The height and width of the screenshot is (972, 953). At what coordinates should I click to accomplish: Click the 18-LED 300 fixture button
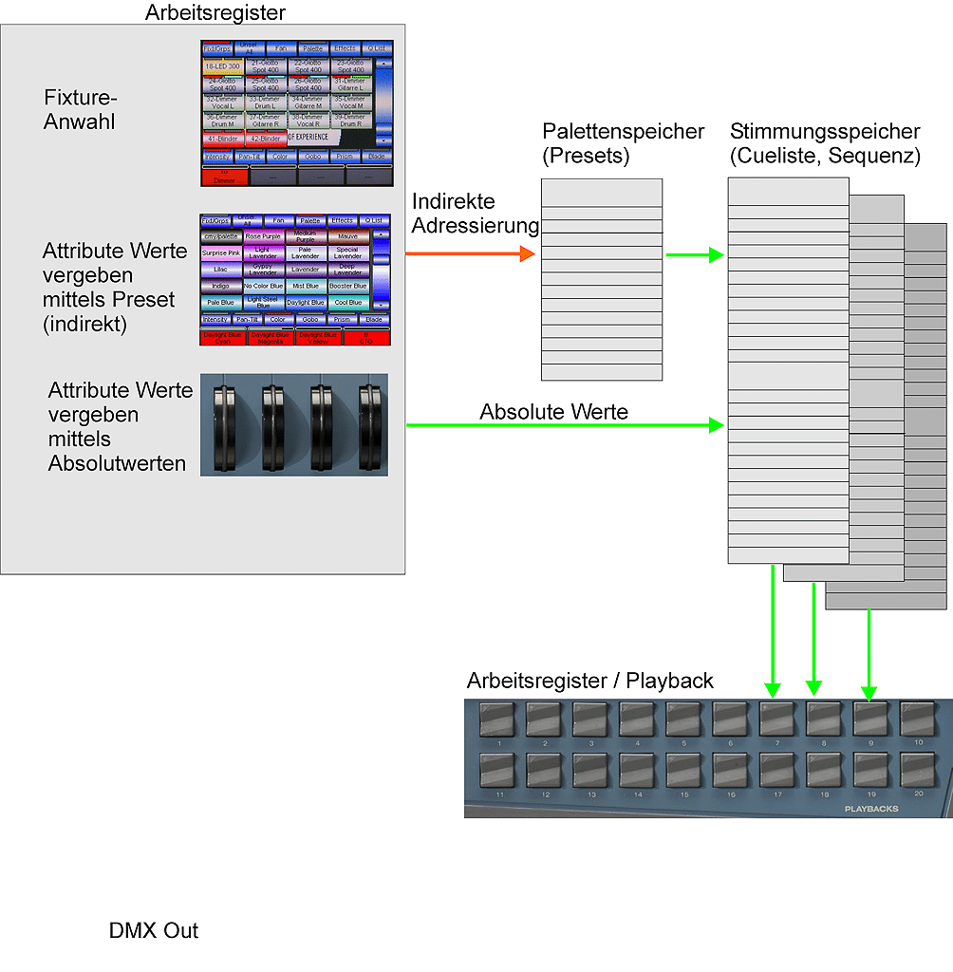click(x=222, y=66)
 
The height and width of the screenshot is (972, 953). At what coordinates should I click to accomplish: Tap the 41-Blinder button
click(x=222, y=138)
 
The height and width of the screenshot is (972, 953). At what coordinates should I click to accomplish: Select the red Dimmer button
click(x=224, y=177)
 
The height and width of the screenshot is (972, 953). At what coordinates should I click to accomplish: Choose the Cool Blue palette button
click(x=348, y=303)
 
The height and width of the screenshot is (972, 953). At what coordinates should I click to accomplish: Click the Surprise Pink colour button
click(x=221, y=253)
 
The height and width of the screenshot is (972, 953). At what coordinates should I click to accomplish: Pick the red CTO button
click(x=366, y=338)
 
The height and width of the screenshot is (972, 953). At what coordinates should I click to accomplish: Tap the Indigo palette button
click(x=221, y=286)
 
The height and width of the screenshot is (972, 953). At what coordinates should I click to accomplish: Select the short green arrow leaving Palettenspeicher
click(x=695, y=254)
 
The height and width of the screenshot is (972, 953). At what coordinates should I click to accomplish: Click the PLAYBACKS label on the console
click(x=870, y=809)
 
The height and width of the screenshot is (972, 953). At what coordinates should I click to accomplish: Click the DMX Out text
click(x=154, y=930)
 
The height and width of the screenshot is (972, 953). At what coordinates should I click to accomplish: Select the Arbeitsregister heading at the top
click(x=215, y=13)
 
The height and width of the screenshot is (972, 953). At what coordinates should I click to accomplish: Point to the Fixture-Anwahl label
click(x=81, y=110)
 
